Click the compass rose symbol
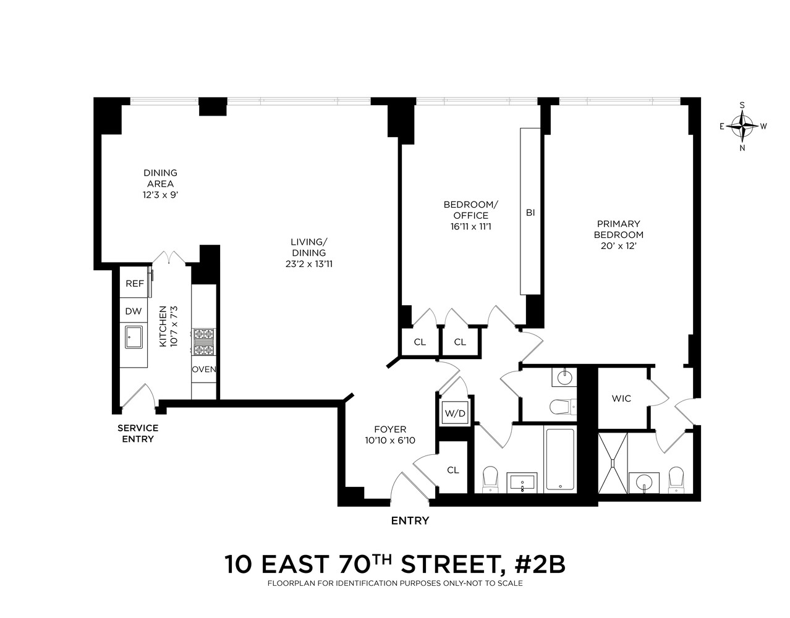[x=742, y=126]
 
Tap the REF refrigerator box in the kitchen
[x=134, y=284]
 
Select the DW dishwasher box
[x=134, y=311]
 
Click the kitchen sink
[x=134, y=337]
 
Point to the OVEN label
[x=203, y=370]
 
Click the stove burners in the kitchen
[x=203, y=342]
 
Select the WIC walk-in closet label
[x=621, y=399]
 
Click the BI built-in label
[x=530, y=213]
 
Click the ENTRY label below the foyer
[x=410, y=521]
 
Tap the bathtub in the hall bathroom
[x=559, y=459]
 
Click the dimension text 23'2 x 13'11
[x=309, y=264]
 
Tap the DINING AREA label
[x=160, y=178]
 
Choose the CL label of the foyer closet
[x=453, y=470]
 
